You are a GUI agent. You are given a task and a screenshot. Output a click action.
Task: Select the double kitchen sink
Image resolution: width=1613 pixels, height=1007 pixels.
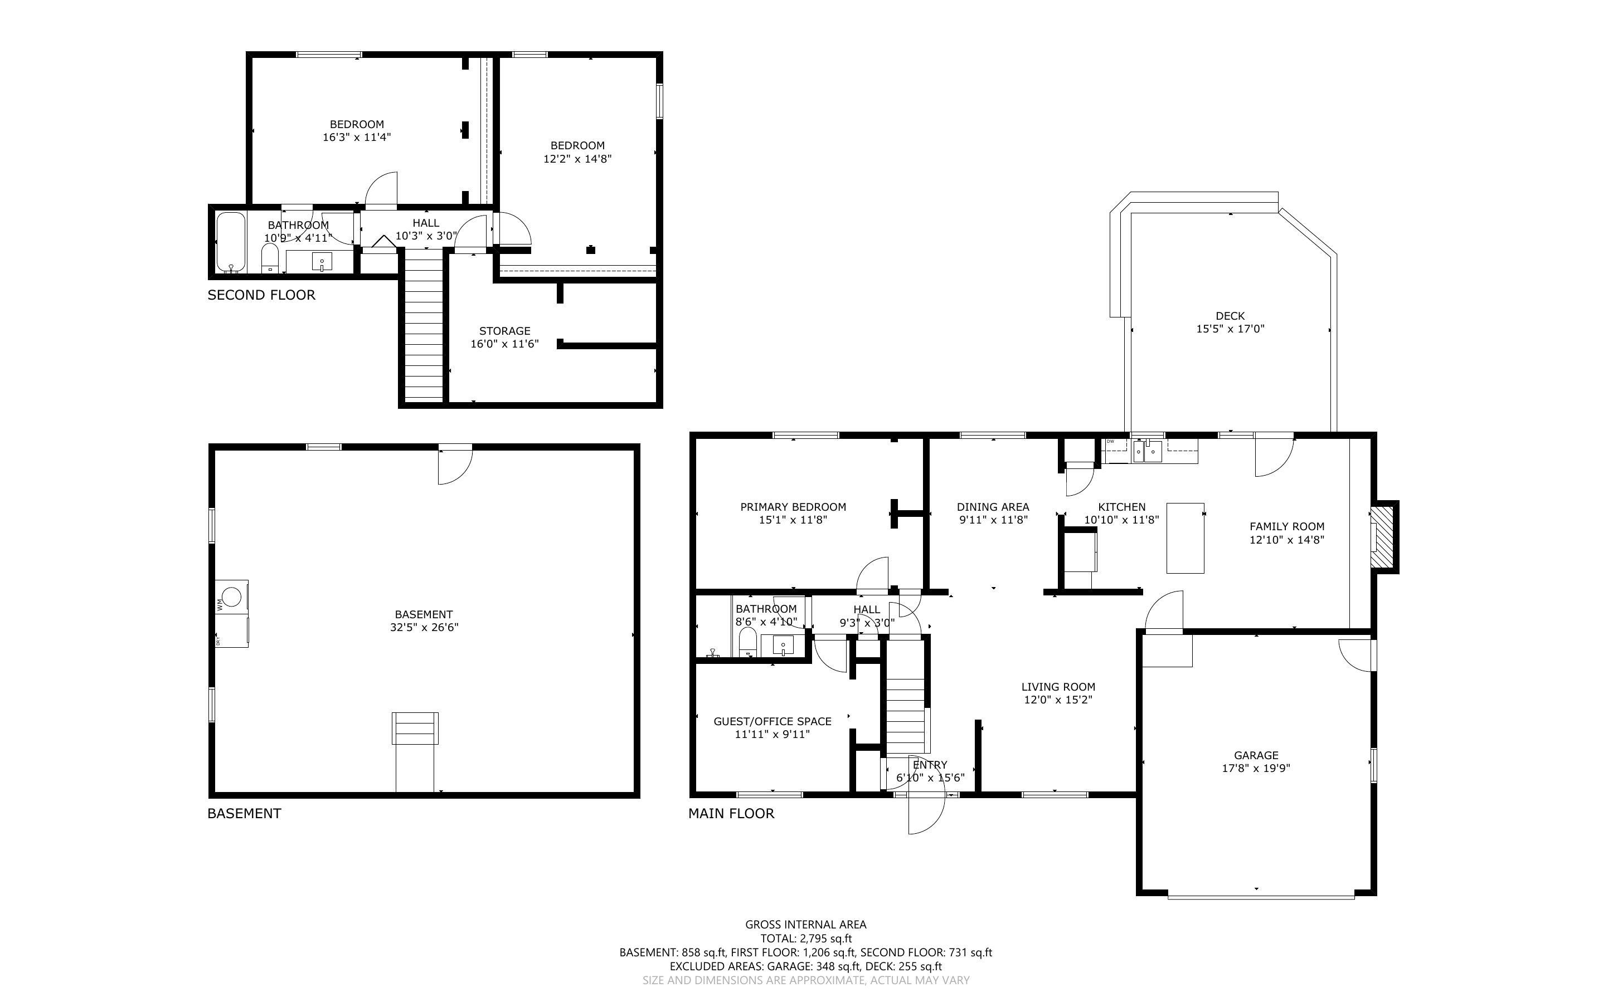1146,451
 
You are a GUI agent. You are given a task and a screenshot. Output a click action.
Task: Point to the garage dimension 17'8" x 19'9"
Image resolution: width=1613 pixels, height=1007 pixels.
1256,768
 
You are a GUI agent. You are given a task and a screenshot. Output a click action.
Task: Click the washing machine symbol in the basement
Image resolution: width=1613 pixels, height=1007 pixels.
231,596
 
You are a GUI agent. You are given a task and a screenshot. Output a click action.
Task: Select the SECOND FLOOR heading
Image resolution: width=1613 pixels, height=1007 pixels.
261,295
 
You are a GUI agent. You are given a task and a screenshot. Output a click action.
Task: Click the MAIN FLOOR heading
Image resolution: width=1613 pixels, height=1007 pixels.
731,813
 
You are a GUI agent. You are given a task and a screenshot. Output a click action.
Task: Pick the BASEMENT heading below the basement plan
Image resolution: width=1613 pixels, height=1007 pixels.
244,813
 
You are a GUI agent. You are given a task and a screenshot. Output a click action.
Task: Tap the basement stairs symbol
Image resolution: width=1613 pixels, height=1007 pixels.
415,729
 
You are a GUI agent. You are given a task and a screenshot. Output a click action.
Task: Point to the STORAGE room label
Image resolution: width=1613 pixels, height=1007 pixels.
504,331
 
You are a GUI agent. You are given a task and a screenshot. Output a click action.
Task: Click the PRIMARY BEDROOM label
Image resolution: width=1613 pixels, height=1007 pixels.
793,507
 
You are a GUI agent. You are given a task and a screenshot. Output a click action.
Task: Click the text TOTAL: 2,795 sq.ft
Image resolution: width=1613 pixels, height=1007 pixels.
805,938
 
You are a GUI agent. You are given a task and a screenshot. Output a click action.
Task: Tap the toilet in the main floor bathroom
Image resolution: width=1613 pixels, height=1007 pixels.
747,643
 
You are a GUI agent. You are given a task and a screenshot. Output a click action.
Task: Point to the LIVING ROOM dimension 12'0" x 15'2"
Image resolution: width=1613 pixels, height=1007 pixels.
1058,700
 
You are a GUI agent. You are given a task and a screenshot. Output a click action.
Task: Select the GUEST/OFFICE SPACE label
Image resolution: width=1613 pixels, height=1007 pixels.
772,721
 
